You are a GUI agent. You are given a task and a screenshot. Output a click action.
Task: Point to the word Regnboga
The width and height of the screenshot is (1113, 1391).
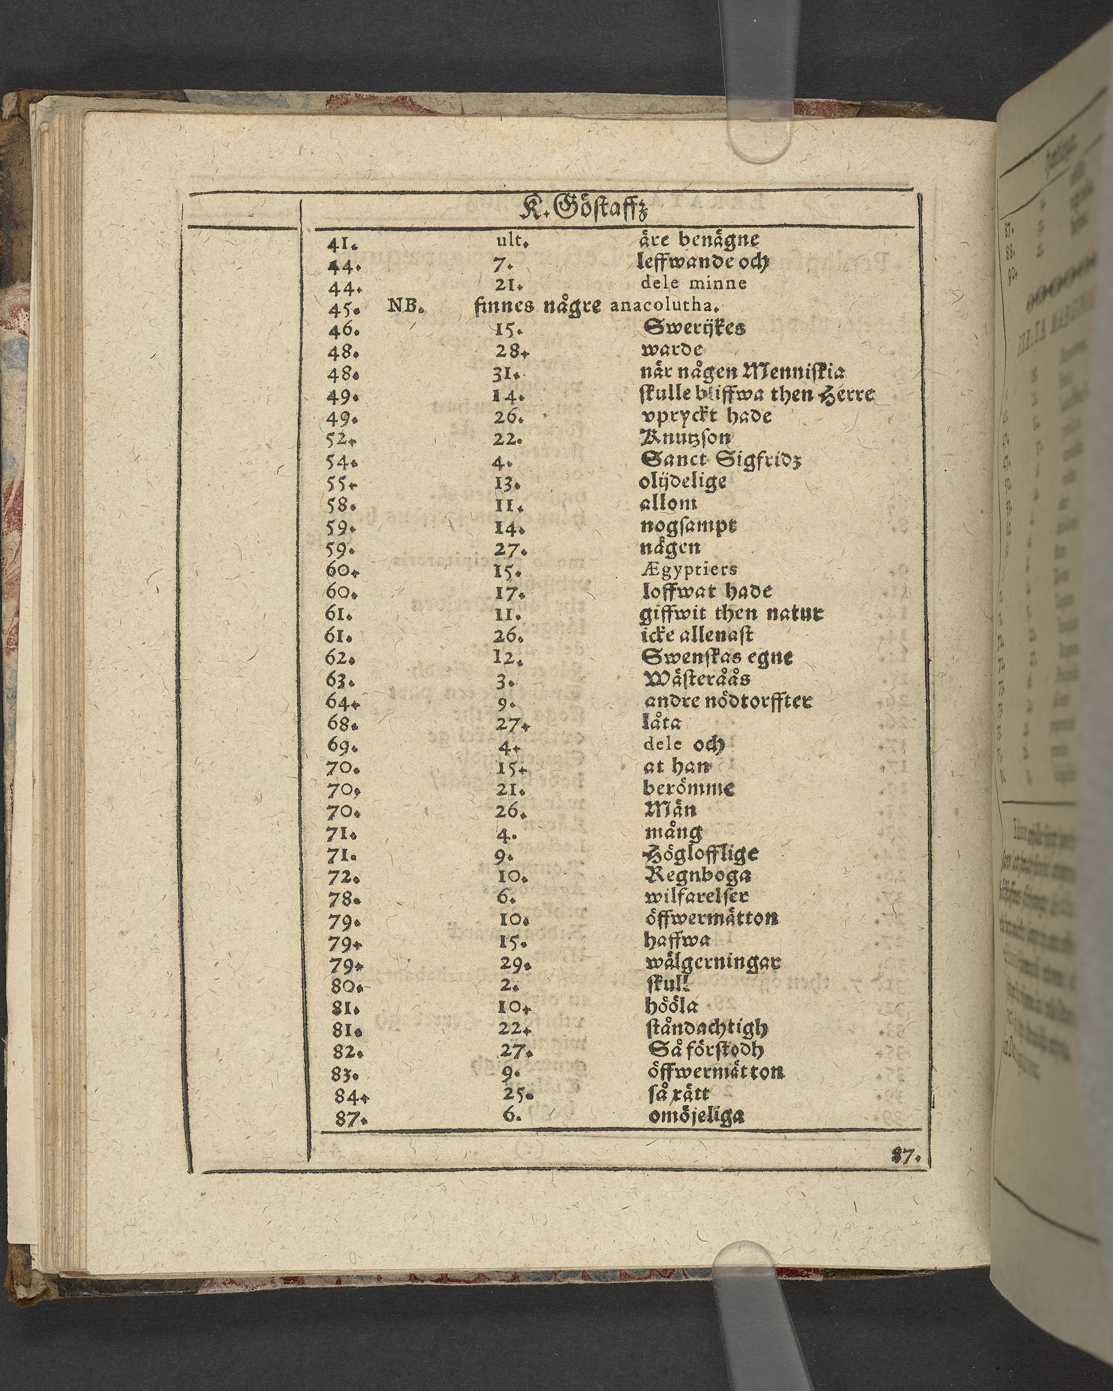pyautogui.click(x=697, y=875)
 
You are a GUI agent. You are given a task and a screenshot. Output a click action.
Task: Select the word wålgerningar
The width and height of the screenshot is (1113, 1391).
pyautogui.click(x=713, y=963)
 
